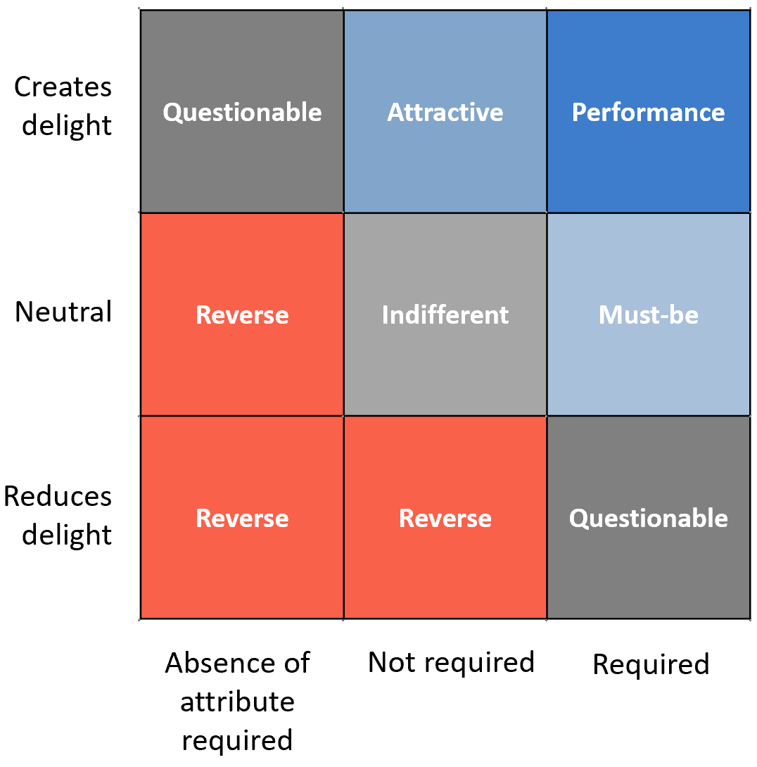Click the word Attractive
(445, 112)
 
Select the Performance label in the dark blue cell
(649, 112)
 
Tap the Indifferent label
(445, 315)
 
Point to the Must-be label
(649, 315)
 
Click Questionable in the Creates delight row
(242, 113)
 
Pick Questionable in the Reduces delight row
(649, 519)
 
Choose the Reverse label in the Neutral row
(242, 315)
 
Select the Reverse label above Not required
(445, 518)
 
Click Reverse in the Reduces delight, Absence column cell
(242, 518)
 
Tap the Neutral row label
(63, 312)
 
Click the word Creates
(63, 87)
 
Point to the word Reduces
(58, 497)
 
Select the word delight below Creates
(67, 125)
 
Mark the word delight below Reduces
(67, 535)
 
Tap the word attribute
(238, 702)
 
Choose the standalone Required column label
(651, 664)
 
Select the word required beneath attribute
(237, 740)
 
